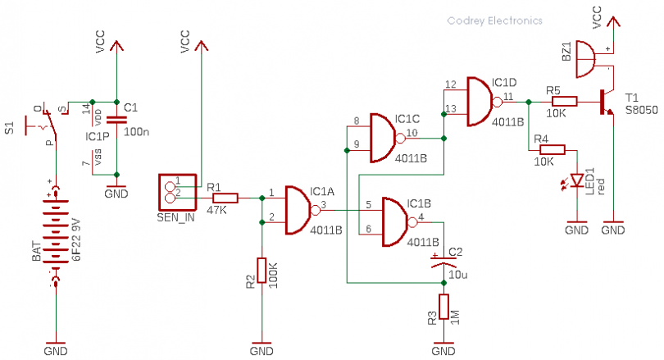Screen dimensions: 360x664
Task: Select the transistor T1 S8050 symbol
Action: (607, 101)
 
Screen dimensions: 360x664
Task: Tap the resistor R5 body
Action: (564, 102)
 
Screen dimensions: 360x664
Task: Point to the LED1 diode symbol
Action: (578, 180)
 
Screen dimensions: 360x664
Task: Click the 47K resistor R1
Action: (225, 198)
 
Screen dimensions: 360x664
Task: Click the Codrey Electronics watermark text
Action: (494, 21)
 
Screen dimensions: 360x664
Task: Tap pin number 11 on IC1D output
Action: (509, 97)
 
